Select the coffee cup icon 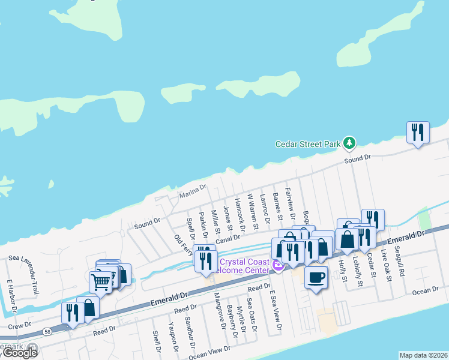(x=316, y=277)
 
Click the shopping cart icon (x=100, y=280)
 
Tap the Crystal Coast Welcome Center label (x=246, y=265)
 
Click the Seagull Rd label (x=400, y=263)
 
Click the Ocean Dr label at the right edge (x=426, y=290)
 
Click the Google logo (x=20, y=352)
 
